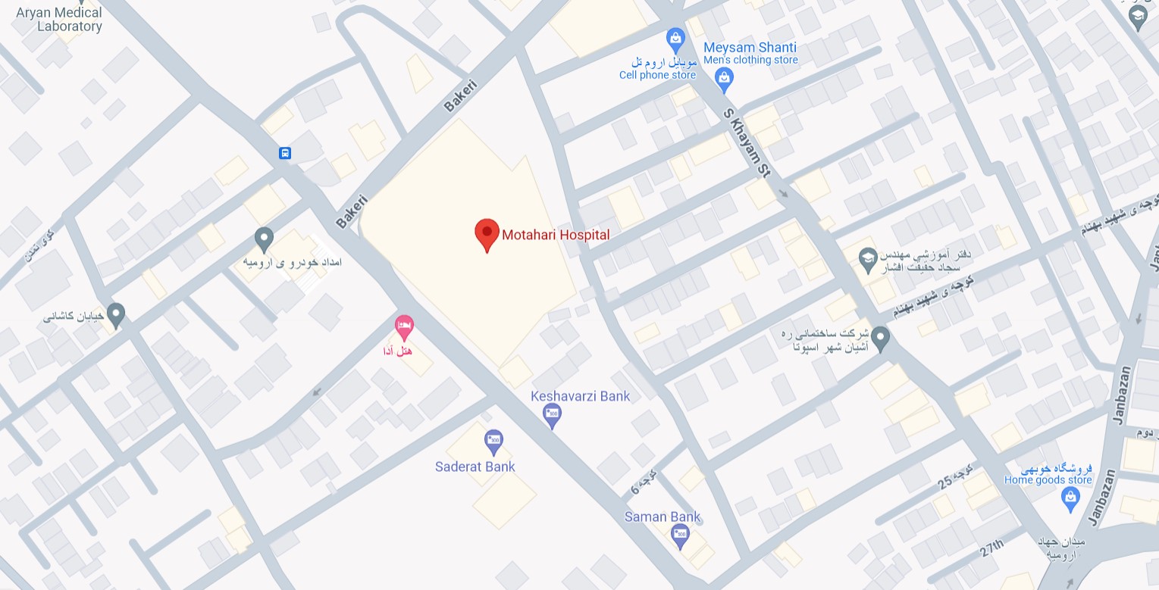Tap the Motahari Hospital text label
click(x=556, y=235)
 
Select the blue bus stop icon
click(x=285, y=153)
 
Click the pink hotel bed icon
click(x=405, y=327)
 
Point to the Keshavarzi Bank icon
click(x=553, y=414)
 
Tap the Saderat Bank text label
click(x=475, y=467)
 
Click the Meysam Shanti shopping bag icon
click(x=725, y=78)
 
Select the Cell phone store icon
click(x=675, y=37)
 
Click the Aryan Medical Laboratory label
click(x=59, y=20)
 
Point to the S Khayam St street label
click(x=747, y=143)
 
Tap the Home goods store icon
click(x=1070, y=498)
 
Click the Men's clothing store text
click(x=750, y=60)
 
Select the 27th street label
click(x=991, y=548)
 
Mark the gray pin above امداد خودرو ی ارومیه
click(x=264, y=239)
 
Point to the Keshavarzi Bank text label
click(x=580, y=395)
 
